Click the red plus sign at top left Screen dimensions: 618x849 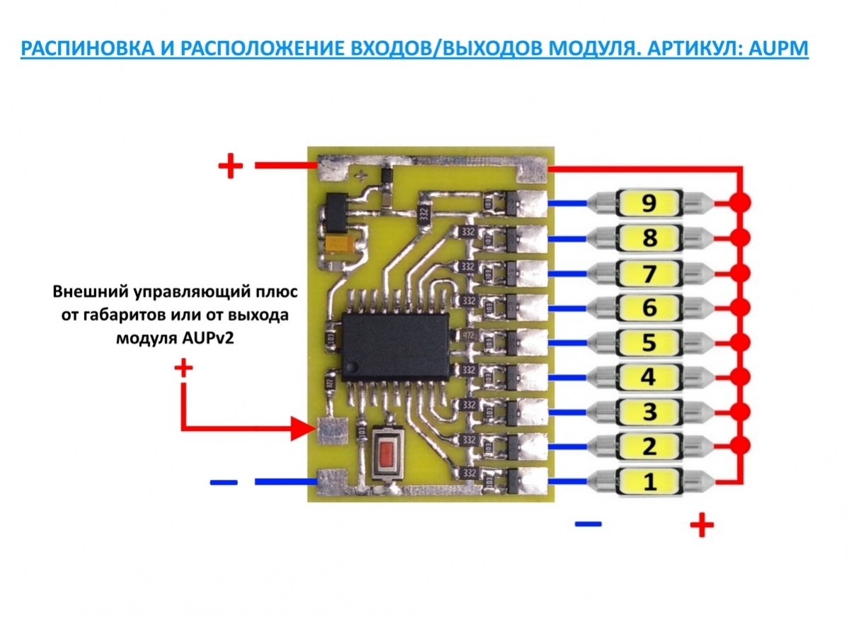click(230, 167)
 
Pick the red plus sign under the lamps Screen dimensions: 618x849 click(701, 525)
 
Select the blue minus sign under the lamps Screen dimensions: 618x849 click(588, 524)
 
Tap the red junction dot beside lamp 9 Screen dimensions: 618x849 click(741, 203)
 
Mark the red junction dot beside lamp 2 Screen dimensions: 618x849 click(741, 446)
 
